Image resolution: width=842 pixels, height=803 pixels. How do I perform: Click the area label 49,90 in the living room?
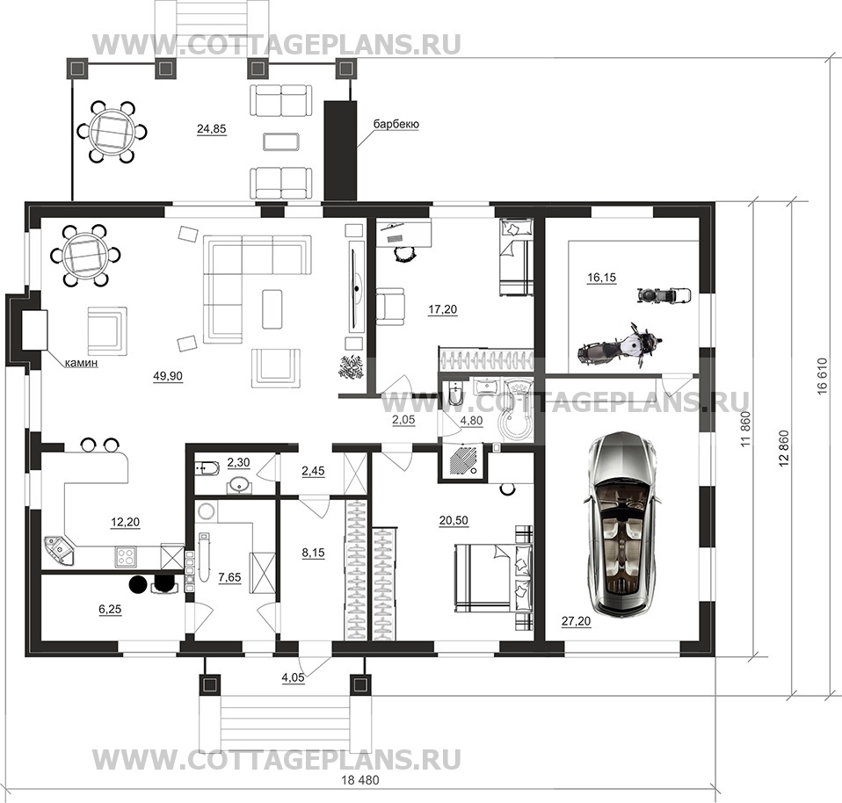pyautogui.click(x=168, y=376)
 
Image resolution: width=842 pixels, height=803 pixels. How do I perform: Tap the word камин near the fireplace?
pyautogui.click(x=81, y=363)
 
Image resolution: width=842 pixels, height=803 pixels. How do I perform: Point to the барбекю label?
pyautogui.click(x=396, y=124)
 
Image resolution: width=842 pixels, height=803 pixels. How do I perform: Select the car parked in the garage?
pyautogui.click(x=622, y=525)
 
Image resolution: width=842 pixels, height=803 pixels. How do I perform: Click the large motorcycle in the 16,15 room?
pyautogui.click(x=620, y=345)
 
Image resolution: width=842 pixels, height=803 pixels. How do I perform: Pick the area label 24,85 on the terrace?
pyautogui.click(x=212, y=129)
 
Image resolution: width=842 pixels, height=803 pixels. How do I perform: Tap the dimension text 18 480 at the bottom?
pyautogui.click(x=359, y=780)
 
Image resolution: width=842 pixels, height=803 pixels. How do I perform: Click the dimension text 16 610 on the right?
pyautogui.click(x=822, y=376)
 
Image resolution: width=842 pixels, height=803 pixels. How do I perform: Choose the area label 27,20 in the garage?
pyautogui.click(x=577, y=621)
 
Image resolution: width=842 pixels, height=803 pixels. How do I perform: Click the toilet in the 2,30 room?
pyautogui.click(x=207, y=468)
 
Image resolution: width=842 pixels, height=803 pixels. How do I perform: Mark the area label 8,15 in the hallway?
pyautogui.click(x=313, y=553)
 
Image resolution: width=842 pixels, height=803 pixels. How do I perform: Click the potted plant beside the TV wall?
pyautogui.click(x=352, y=366)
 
